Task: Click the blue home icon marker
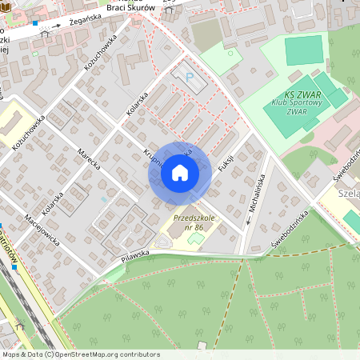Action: [180, 172]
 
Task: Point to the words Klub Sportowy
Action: [296, 103]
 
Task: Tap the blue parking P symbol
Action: [190, 78]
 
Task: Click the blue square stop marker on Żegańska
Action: [35, 23]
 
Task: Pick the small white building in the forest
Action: [202, 346]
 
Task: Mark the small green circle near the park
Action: [230, 54]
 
